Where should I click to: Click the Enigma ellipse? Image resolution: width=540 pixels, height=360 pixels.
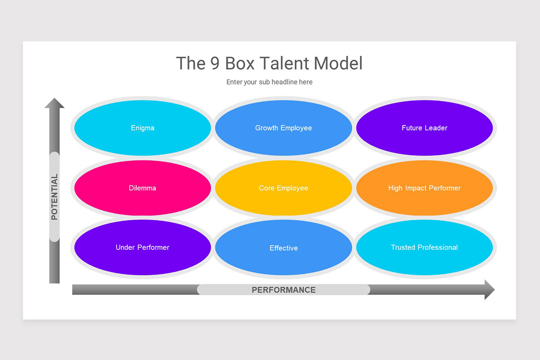143,128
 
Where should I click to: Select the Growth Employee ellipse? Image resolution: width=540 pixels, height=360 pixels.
283,128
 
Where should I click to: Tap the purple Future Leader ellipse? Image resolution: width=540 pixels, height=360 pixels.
424,128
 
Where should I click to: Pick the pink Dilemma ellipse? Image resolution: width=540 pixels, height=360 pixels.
143,188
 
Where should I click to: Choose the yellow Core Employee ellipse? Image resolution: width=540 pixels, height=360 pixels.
283,188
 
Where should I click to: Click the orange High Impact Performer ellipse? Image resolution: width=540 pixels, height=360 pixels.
424,188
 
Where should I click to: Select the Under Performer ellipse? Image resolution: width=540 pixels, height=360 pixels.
143,247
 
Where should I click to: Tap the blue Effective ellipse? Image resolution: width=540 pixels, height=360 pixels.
283,247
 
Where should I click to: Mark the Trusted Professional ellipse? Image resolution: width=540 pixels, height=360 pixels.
424,247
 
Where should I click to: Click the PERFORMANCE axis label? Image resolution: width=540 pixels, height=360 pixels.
283,290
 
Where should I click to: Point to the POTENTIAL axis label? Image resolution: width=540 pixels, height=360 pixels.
54,197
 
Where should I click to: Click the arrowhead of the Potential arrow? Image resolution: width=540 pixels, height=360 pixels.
54,103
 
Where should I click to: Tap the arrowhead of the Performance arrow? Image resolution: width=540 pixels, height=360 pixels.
489,289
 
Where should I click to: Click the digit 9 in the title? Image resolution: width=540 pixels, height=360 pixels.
215,63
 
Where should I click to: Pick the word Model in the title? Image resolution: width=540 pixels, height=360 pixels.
338,63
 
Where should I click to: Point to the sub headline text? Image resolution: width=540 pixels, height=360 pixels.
269,82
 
